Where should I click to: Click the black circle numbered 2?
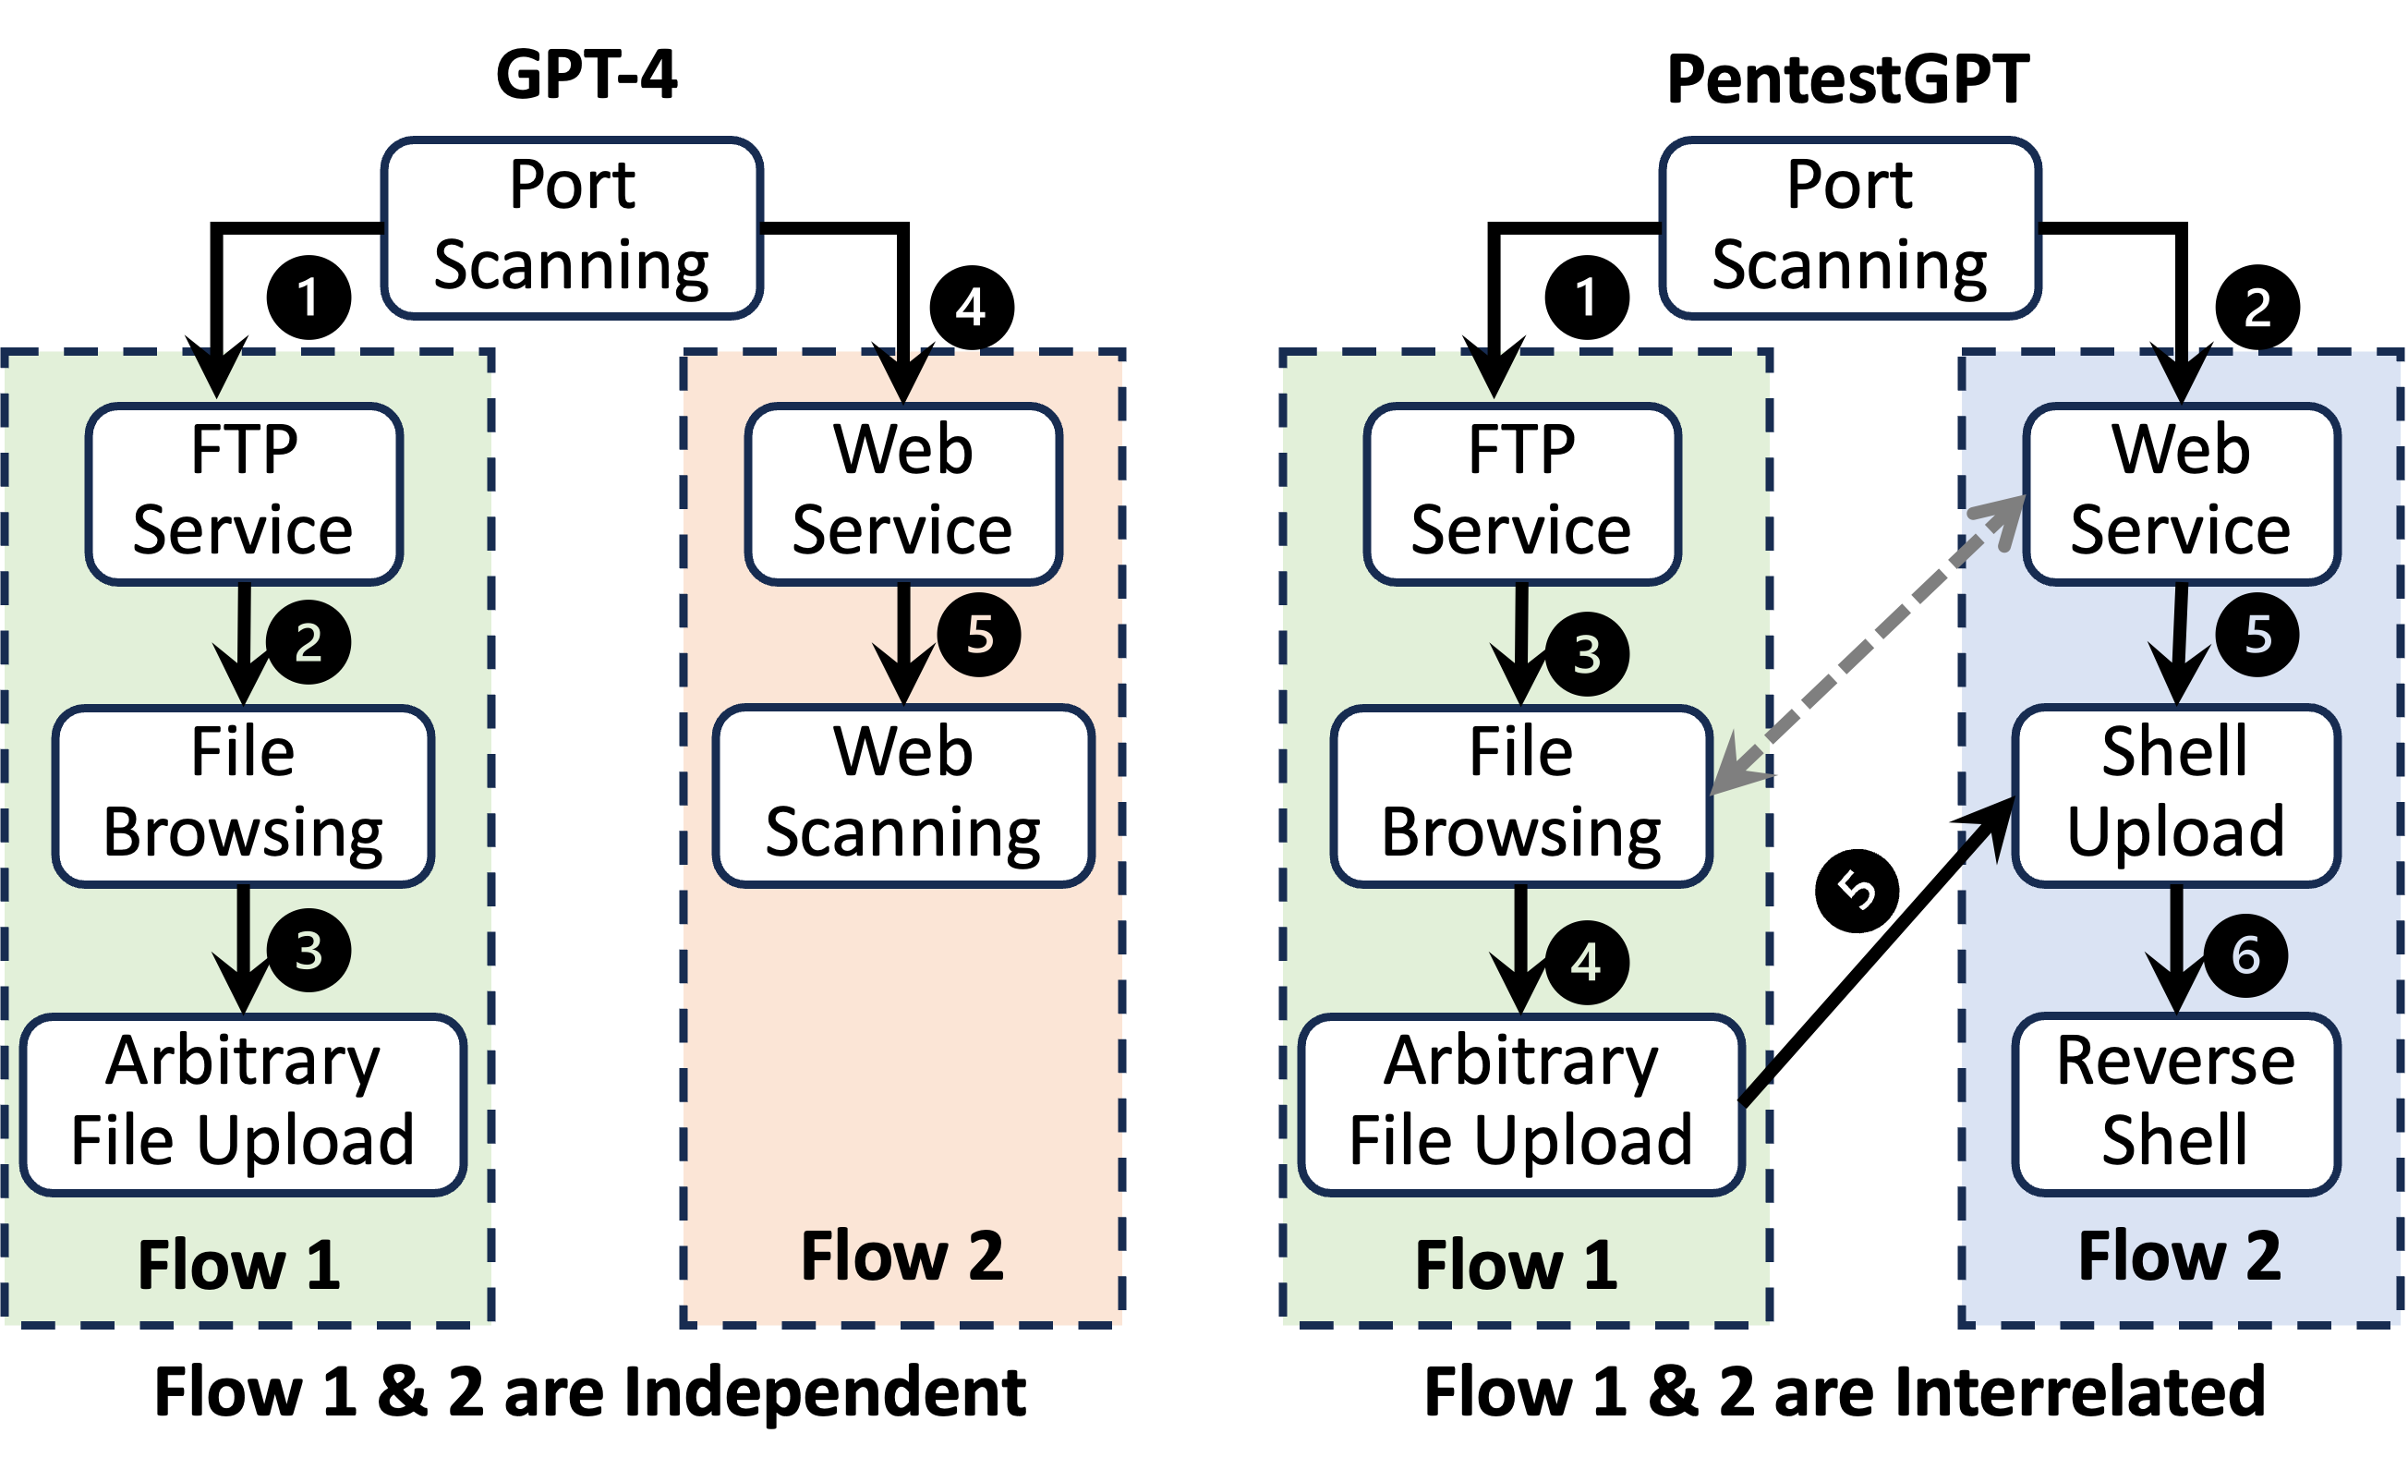309,642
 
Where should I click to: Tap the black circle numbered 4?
1586,963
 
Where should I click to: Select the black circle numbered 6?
2245,955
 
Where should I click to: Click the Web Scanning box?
903,795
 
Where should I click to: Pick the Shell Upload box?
2176,795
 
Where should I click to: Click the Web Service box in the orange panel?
903,493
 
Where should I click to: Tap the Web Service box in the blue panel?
2182,493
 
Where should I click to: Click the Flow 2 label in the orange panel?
902,1257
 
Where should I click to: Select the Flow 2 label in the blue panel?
2180,1257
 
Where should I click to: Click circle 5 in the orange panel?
979,635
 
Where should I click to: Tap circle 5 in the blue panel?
2257,635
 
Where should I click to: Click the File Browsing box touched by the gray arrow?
1520,795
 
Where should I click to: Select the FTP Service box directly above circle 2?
244,493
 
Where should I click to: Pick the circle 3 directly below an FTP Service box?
1586,655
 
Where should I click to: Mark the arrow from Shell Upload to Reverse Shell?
2176,946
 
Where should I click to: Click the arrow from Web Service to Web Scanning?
903,642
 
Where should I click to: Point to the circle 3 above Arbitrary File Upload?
309,950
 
